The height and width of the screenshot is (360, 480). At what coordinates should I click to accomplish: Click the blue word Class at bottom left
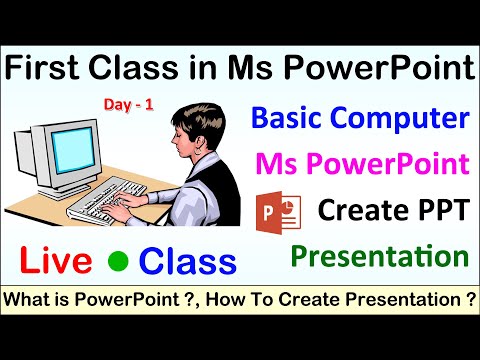point(187,262)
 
